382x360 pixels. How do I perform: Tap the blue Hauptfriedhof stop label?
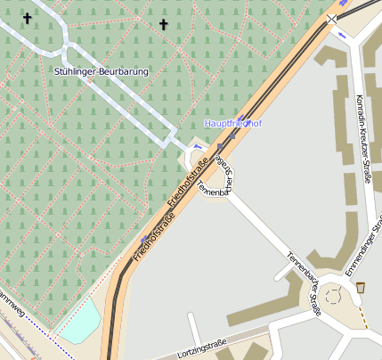coord(232,123)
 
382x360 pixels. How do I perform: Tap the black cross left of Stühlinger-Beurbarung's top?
coord(27,18)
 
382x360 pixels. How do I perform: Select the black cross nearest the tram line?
coord(163,24)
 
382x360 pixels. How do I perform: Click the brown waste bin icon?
coord(360,288)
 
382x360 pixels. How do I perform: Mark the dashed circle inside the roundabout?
coord(337,295)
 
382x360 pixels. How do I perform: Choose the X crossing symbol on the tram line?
coord(332,18)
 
